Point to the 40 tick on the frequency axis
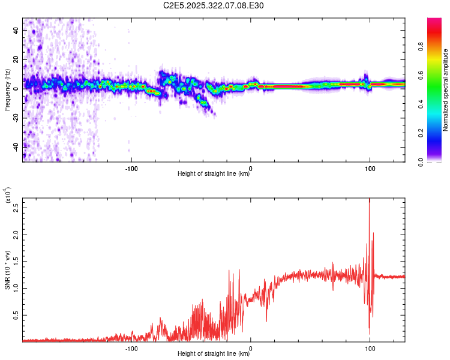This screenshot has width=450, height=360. (x=16, y=30)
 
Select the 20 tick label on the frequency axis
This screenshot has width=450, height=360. (x=16, y=59)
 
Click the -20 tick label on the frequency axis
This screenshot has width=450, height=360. (x=16, y=118)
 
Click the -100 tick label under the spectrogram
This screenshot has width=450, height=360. (x=131, y=167)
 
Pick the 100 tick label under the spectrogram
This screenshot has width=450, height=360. (x=370, y=167)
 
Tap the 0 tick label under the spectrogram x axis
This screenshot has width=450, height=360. (x=251, y=167)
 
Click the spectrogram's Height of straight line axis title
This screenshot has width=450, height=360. (x=214, y=174)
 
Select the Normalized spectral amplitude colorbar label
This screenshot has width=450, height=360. (x=445, y=90)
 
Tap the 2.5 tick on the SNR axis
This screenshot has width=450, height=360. (x=16, y=207)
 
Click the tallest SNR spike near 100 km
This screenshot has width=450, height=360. (x=369, y=202)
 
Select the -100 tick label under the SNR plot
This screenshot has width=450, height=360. (x=131, y=347)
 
